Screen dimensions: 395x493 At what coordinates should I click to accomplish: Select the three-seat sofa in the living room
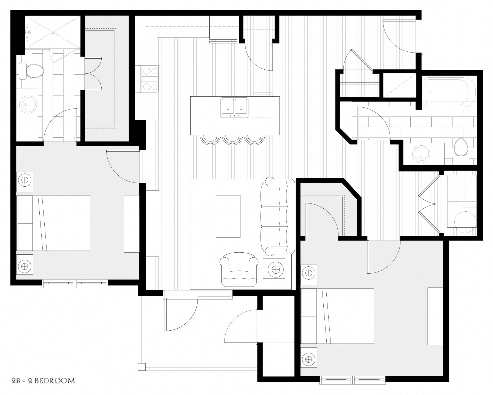coord(278,216)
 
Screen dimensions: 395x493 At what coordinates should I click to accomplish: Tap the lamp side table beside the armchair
coord(274,268)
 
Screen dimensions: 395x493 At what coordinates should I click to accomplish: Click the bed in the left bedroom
coord(53,223)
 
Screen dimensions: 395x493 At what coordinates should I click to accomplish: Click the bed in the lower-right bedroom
coord(337,316)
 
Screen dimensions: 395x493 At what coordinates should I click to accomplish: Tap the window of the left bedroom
coord(74,284)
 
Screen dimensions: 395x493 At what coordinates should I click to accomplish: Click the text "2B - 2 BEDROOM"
coord(43,381)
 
